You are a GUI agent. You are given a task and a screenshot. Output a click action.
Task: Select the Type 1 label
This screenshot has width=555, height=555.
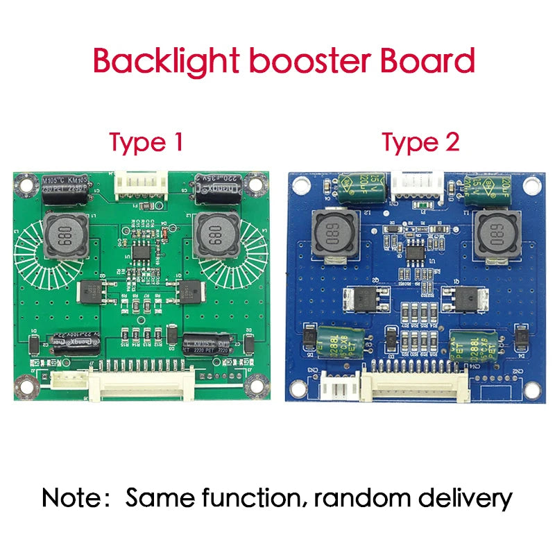click(146, 142)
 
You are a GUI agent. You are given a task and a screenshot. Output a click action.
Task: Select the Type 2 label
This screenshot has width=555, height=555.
click(420, 142)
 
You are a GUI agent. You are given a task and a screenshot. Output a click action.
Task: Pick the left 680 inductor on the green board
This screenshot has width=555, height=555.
click(66, 236)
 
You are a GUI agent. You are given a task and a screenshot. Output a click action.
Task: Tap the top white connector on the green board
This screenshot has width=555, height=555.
click(142, 185)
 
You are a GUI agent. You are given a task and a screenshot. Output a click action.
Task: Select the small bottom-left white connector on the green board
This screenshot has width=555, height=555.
click(67, 380)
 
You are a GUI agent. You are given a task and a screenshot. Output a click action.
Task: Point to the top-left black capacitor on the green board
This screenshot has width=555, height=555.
click(65, 188)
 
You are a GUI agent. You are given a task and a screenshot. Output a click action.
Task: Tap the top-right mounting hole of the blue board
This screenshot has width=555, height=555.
click(531, 185)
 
